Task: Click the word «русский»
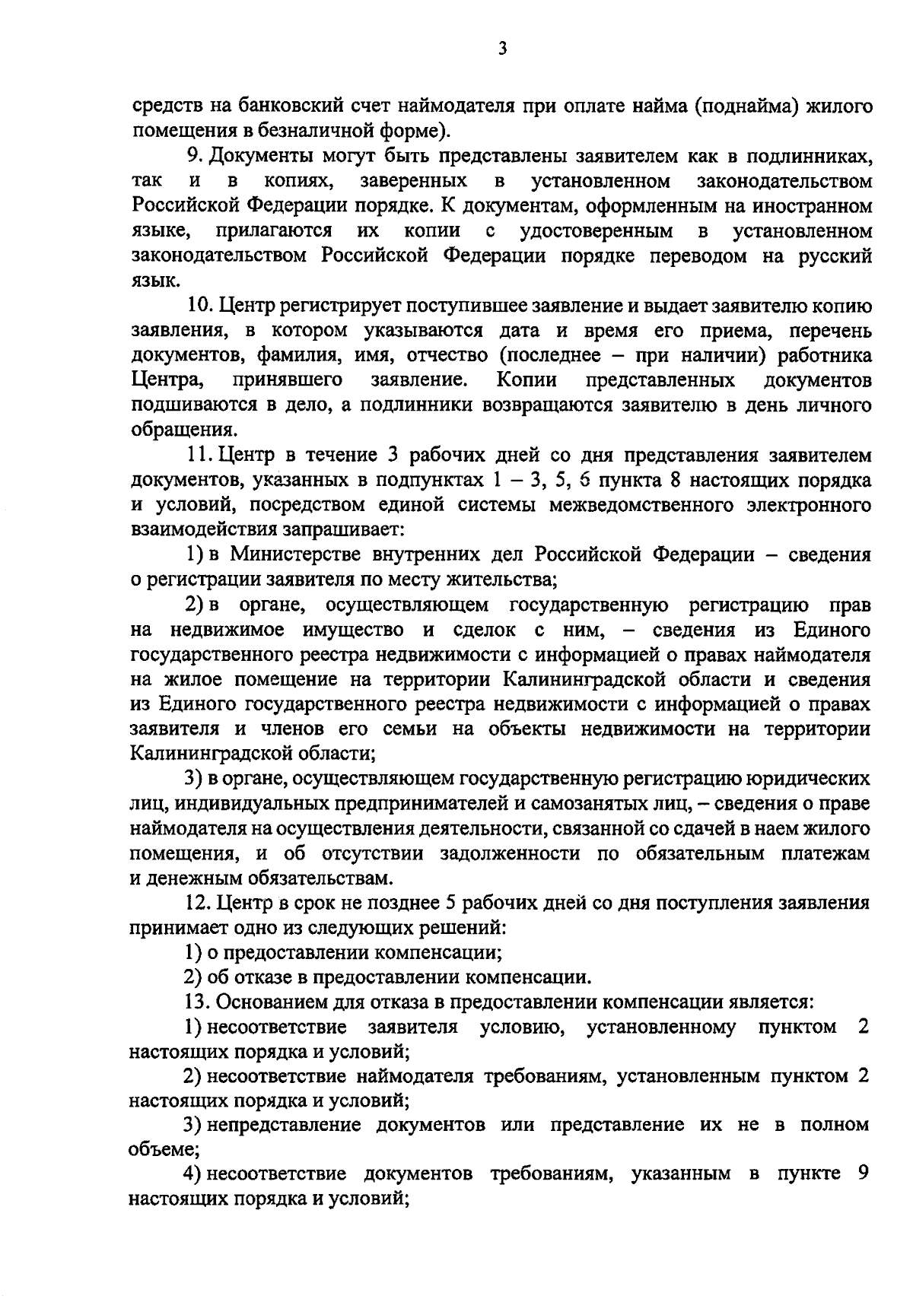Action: [x=833, y=256]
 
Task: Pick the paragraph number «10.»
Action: [x=202, y=306]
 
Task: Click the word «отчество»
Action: [x=445, y=356]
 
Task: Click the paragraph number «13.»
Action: [x=200, y=1002]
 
